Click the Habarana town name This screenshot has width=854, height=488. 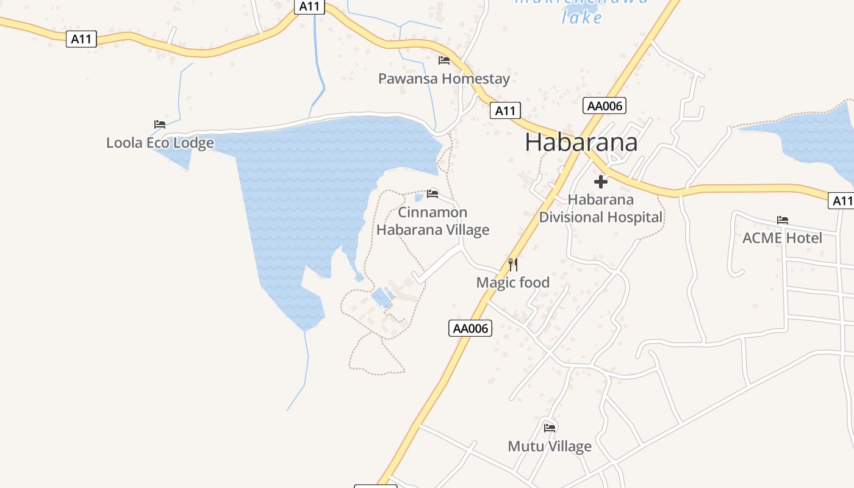tap(581, 142)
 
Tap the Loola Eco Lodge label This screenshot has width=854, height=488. tap(160, 143)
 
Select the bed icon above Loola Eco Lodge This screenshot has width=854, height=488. tap(160, 124)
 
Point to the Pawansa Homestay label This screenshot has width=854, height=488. tap(443, 79)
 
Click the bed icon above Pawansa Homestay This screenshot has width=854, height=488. tap(443, 60)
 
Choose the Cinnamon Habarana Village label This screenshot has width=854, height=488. tap(432, 221)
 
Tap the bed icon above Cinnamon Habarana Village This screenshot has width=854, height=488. tap(432, 194)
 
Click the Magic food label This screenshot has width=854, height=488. tap(512, 282)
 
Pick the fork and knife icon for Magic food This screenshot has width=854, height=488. tap(513, 264)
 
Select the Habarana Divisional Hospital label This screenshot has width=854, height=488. tap(600, 208)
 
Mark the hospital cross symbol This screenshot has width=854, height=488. tap(601, 182)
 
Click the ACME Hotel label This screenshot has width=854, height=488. tap(782, 238)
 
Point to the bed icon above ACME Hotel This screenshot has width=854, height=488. tap(783, 220)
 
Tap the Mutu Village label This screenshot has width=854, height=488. tap(549, 447)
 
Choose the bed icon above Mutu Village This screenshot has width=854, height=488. tap(550, 428)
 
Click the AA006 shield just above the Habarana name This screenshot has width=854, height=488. tap(604, 106)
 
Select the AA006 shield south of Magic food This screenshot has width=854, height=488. tap(470, 328)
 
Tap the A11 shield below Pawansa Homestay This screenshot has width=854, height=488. tap(505, 110)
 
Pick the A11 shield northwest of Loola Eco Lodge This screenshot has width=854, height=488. tap(81, 39)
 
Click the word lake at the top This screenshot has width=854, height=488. tap(581, 18)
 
